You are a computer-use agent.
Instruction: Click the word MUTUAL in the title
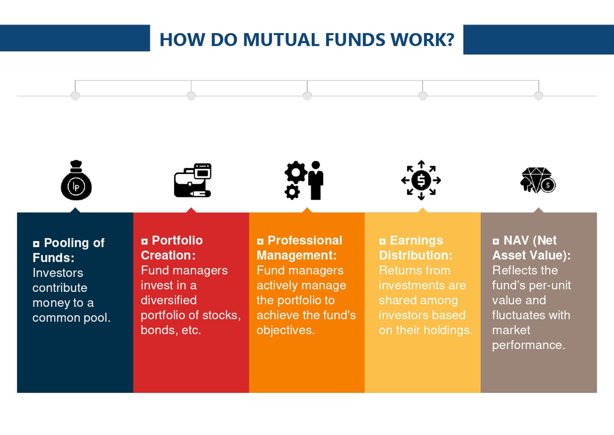click(281, 40)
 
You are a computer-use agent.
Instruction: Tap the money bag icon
click(76, 181)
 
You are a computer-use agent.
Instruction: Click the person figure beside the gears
click(316, 180)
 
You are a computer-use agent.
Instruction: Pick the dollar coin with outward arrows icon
click(421, 180)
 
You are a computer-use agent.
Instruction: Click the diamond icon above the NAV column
click(537, 180)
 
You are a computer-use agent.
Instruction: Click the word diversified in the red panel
click(168, 300)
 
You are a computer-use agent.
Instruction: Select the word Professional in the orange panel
click(305, 240)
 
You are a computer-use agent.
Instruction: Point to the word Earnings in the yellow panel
click(416, 240)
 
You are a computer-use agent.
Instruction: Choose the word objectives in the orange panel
click(285, 330)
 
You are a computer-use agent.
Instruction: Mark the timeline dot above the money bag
click(75, 96)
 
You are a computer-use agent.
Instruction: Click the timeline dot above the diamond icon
click(538, 96)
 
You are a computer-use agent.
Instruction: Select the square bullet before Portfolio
click(144, 241)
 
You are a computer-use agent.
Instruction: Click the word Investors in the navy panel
click(58, 273)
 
